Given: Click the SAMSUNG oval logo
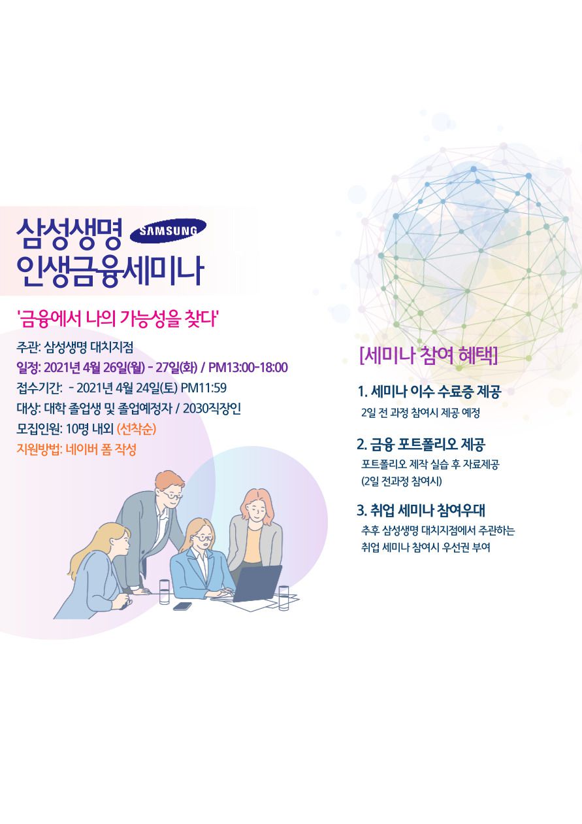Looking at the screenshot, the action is coord(169,231).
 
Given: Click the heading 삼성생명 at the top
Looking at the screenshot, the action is coord(69,233).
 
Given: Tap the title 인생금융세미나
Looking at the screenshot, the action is coord(110,271).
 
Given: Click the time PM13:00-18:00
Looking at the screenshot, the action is coord(248,367).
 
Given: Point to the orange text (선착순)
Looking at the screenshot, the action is coord(137,429).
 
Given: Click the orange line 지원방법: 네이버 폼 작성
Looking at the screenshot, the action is coord(76,449).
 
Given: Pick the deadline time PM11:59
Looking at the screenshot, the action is coord(204,388).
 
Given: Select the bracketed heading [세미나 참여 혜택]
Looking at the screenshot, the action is coord(428,355).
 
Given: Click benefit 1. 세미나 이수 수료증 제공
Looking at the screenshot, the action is coord(430,391).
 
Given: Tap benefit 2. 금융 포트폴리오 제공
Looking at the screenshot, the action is coord(421,445).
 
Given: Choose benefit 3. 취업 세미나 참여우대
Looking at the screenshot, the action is coord(421,510).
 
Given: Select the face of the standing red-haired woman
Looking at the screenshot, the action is coord(256,509).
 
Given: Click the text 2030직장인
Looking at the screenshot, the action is coord(212,408).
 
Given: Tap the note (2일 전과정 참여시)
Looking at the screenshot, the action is coord(401,481).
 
